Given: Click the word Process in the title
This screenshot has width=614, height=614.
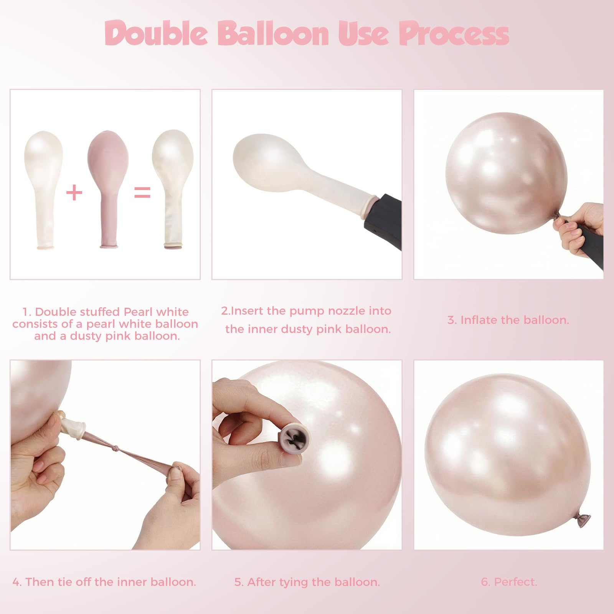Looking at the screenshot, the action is [454, 34].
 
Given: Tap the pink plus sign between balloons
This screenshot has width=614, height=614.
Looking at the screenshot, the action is [74, 192].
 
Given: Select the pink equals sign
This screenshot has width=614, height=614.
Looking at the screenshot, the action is [142, 192].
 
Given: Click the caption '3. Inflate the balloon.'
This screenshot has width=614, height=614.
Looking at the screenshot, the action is [508, 320].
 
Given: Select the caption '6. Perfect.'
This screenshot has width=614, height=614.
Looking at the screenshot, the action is [509, 582].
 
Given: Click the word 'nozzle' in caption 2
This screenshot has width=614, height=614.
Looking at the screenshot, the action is [347, 311].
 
